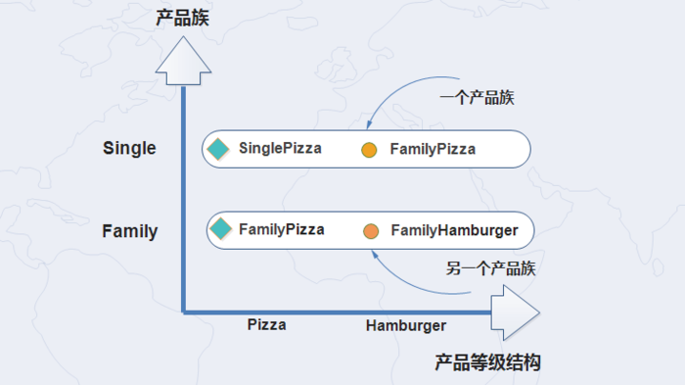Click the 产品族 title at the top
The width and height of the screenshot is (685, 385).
point(183,18)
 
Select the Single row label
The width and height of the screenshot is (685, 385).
point(129,148)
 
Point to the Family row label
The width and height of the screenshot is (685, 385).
point(129,231)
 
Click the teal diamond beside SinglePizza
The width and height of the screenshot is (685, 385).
point(218,149)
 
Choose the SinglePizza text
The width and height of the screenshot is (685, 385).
point(280,149)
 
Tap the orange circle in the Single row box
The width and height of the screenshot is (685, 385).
point(369,151)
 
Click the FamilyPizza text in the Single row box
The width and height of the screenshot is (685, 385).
point(433,150)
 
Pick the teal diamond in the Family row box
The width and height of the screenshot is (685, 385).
point(221,229)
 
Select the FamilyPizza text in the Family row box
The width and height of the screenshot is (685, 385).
point(281,229)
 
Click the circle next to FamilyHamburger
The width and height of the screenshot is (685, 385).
point(371,231)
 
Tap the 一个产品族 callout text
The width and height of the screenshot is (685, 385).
point(478,98)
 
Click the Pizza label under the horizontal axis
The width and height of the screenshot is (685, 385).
point(266,324)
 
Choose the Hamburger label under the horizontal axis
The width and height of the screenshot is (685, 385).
point(406,325)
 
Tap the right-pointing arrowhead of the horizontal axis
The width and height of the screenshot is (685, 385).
point(515,313)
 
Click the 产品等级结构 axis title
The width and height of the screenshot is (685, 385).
point(487,362)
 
